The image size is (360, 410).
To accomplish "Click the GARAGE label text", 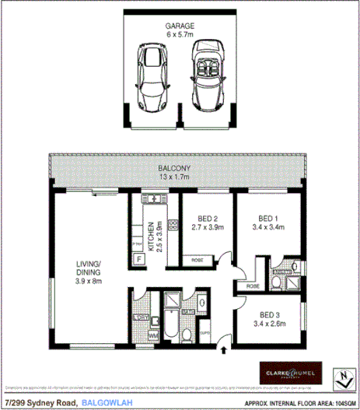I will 180,26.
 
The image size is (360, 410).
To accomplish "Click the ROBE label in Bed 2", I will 197,260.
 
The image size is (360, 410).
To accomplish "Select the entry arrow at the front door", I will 224,340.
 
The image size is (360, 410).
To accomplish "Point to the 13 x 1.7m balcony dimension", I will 175,178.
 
